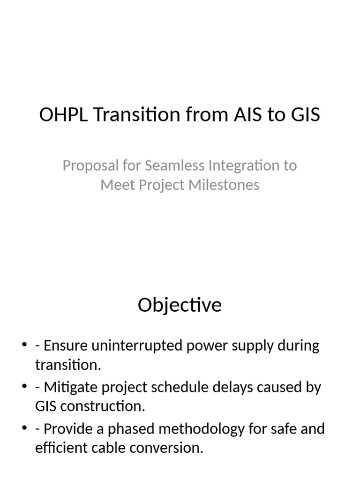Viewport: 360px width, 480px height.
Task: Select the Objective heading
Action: pyautogui.click(x=180, y=305)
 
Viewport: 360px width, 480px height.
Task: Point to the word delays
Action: pyautogui.click(x=248, y=388)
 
